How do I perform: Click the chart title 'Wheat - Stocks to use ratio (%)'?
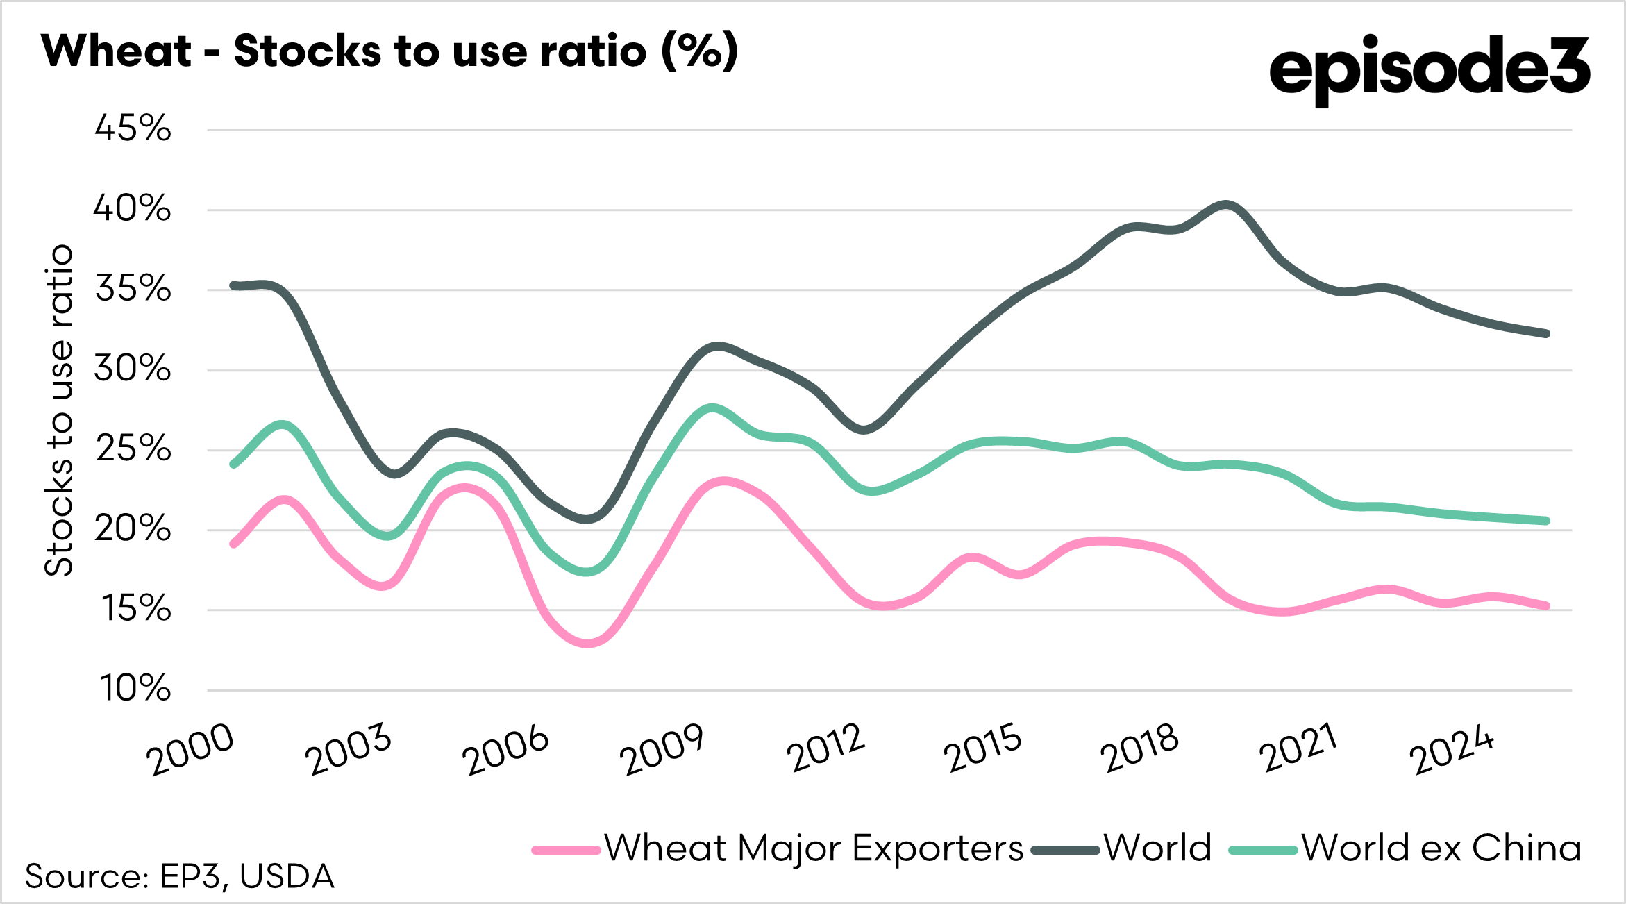point(389,51)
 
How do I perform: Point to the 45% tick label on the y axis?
point(133,128)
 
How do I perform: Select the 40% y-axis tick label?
point(133,208)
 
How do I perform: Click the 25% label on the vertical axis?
point(133,449)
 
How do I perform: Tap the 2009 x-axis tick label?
point(663,749)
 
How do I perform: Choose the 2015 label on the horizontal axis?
point(982,749)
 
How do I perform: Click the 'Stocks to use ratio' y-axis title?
point(59,410)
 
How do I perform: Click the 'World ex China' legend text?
point(1441,848)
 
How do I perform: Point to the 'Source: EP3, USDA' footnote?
point(180,876)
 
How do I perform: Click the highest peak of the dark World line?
point(1226,205)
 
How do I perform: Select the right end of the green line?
point(1546,521)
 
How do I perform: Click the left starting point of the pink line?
point(234,544)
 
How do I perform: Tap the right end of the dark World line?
point(1546,334)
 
